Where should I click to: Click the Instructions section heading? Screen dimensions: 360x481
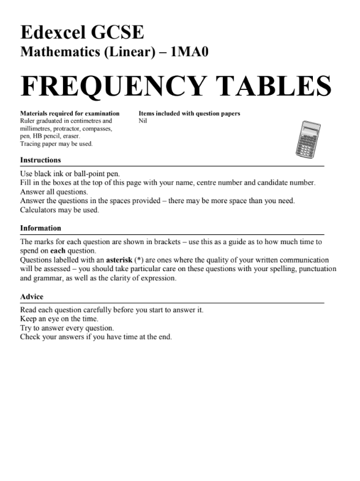(40, 160)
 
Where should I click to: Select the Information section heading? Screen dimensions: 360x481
(40, 228)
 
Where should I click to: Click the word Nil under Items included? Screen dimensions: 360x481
(143, 121)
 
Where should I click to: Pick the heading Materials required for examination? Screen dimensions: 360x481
(70, 114)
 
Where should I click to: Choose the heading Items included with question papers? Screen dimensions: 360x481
(189, 114)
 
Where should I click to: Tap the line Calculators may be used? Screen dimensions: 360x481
(59, 210)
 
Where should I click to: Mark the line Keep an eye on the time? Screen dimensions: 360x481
(59, 319)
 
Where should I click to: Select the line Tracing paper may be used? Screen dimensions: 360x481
(56, 144)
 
